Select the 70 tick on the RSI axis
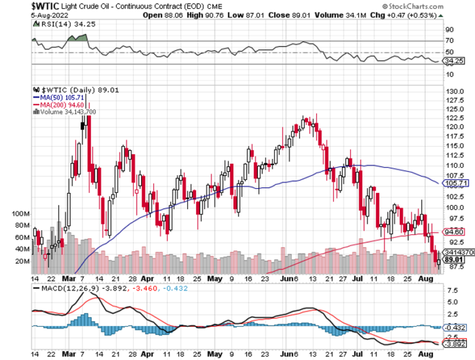pyautogui.click(x=449, y=41)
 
